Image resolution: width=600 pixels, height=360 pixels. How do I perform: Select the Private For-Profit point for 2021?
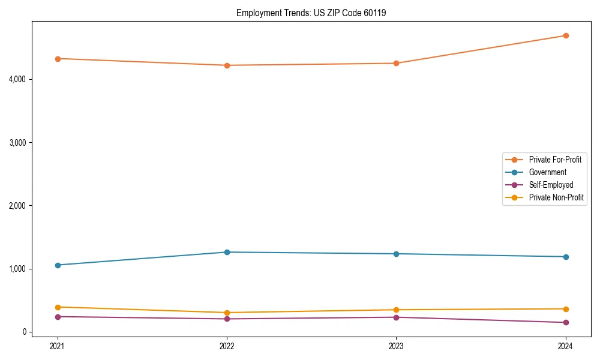pyautogui.click(x=58, y=59)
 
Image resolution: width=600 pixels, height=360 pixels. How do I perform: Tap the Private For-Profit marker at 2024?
pyautogui.click(x=565, y=35)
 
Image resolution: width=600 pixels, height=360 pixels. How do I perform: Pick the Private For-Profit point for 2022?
pyautogui.click(x=227, y=65)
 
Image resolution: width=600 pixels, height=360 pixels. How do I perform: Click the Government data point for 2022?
pyautogui.click(x=227, y=252)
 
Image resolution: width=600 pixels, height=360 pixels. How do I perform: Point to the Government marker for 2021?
pyautogui.click(x=58, y=265)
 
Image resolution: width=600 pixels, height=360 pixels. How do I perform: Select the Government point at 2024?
pyautogui.click(x=565, y=257)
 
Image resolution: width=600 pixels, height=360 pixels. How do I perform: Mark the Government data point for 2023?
pyautogui.click(x=396, y=254)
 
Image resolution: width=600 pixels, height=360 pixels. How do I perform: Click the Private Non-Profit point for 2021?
pyautogui.click(x=58, y=307)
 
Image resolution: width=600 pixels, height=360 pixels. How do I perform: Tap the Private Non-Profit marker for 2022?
pyautogui.click(x=227, y=313)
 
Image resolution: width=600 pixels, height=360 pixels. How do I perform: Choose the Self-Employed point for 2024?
pyautogui.click(x=565, y=323)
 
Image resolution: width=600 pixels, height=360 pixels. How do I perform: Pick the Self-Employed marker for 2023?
pyautogui.click(x=396, y=317)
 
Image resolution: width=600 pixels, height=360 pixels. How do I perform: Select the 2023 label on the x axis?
pyautogui.click(x=396, y=346)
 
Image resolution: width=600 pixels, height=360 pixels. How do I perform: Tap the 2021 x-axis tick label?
pyautogui.click(x=58, y=346)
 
